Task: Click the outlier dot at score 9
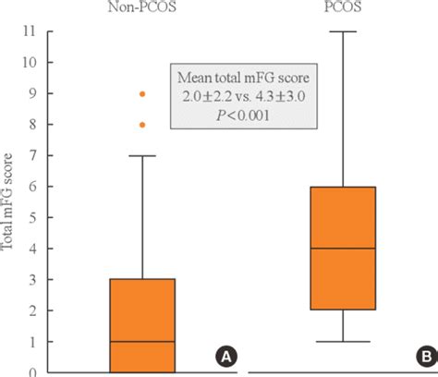pos(142,94)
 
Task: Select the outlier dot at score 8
pos(142,125)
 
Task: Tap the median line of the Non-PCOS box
pos(142,341)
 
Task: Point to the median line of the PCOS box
pos(343,248)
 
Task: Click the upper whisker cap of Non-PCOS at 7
pos(142,155)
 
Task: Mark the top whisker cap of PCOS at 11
pos(343,31)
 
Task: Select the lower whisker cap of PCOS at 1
pos(343,341)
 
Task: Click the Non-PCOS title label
pos(142,6)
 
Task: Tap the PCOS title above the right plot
pos(343,6)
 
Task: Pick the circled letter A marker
pos(226,357)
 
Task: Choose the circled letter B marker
pos(427,357)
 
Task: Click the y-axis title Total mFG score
pos(6,201)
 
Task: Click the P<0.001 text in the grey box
pos(243,116)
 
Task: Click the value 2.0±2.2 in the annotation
pos(207,97)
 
